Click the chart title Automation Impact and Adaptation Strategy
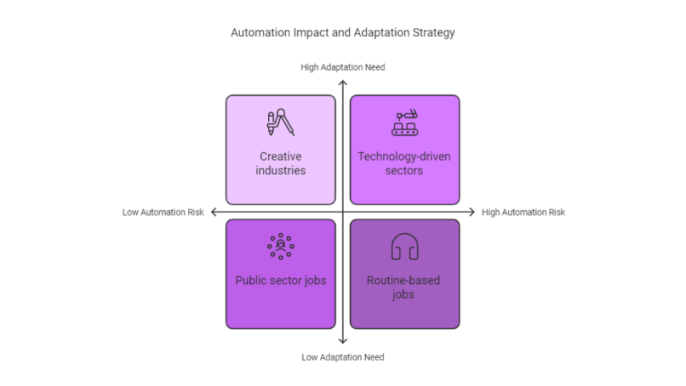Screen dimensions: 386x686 pos(342,33)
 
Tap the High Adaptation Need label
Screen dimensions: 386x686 pos(342,67)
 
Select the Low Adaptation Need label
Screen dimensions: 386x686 pos(342,357)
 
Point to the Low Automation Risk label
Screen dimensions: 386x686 pos(163,212)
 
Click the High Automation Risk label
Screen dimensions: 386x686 pos(523,212)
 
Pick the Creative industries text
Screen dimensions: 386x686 pos(280,163)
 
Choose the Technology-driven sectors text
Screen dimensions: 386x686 pos(404,163)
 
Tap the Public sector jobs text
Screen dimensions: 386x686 pos(280,280)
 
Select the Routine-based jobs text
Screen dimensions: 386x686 pos(404,287)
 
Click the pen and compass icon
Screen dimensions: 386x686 pos(280,122)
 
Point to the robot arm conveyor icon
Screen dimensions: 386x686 pos(404,122)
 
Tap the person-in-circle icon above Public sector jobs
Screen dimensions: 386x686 pos(280,247)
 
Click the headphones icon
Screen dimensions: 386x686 pos(404,247)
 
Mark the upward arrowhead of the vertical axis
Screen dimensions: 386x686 pos(343,81)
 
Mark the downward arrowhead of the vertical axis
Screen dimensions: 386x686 pos(343,342)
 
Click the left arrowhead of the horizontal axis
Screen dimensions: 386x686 pos(212,212)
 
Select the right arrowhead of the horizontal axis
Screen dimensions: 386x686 pos(473,212)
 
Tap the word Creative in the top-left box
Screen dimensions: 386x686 pos(280,157)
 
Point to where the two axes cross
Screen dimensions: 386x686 pos(343,212)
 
